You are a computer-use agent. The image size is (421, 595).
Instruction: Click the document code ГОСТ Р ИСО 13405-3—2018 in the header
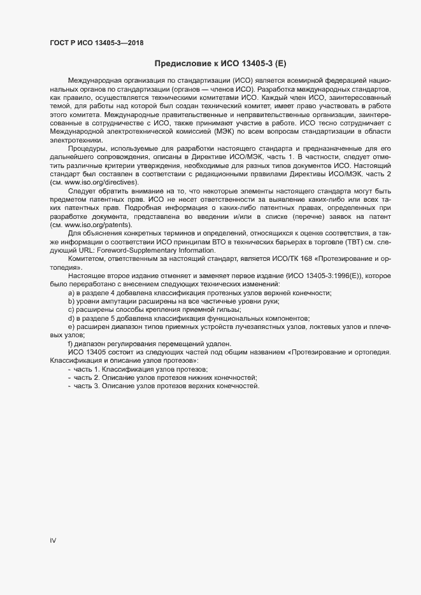(x=96, y=43)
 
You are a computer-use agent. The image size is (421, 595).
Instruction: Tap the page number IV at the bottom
(x=53, y=540)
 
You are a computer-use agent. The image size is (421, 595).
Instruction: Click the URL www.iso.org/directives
(x=101, y=183)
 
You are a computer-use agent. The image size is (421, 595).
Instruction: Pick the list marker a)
(x=71, y=292)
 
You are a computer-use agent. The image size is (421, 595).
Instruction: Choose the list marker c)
(x=71, y=309)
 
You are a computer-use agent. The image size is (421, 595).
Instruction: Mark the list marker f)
(x=71, y=342)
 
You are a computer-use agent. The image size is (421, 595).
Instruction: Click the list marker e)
(x=71, y=326)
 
